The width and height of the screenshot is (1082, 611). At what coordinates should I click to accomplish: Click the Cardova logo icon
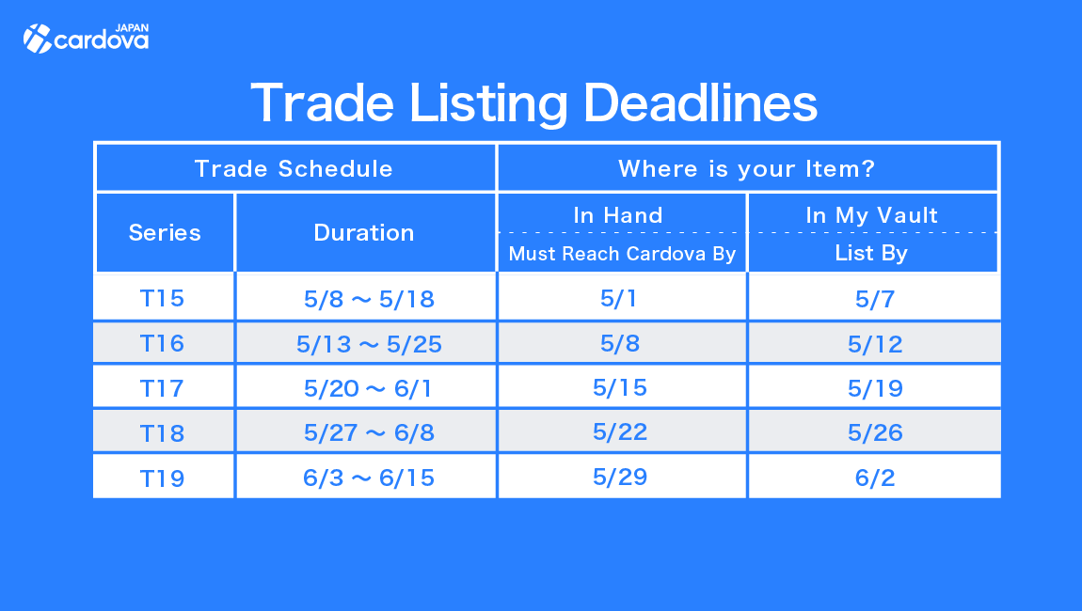(x=38, y=39)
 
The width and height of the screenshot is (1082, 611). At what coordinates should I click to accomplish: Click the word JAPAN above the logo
(x=132, y=28)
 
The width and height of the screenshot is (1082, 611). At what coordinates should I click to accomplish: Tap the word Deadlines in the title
(x=700, y=102)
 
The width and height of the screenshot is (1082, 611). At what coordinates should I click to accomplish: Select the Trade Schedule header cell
(x=294, y=168)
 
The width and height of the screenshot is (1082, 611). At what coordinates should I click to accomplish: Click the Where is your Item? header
(x=747, y=168)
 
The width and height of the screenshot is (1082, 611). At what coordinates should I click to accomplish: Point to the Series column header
(x=165, y=232)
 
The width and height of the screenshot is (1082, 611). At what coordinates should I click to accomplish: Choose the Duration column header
(x=364, y=232)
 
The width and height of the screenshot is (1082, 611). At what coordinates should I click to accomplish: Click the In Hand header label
(x=618, y=215)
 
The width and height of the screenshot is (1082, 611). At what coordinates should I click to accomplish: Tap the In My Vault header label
(x=872, y=215)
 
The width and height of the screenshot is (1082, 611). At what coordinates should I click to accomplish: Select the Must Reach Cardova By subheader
(x=623, y=254)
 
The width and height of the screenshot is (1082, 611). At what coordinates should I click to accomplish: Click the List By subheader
(x=871, y=253)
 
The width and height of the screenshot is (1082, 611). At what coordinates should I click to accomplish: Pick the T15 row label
(x=162, y=298)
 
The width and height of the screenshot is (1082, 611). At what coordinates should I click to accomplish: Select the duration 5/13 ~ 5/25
(x=369, y=344)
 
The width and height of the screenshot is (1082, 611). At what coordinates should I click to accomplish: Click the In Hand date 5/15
(x=620, y=387)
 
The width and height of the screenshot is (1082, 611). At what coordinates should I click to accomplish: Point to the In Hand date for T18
(x=620, y=431)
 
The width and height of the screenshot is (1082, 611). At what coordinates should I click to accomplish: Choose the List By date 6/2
(x=875, y=478)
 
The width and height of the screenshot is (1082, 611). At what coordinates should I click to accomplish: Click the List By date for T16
(x=875, y=344)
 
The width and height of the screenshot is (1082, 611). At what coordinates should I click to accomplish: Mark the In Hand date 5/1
(x=618, y=298)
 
